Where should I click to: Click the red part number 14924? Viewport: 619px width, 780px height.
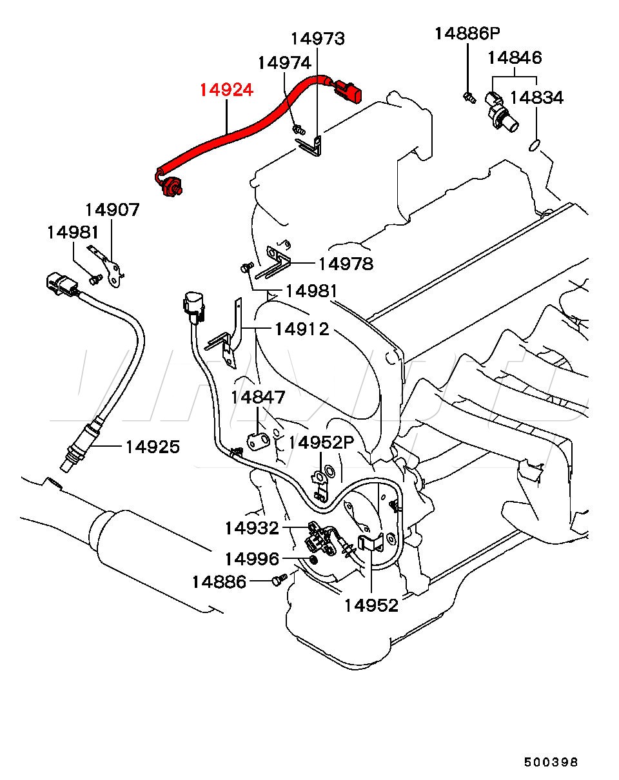[x=226, y=90]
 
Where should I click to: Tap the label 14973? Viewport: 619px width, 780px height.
[x=318, y=39]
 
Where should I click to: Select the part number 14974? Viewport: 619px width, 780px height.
[x=284, y=63]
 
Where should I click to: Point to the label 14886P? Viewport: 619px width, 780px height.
[x=467, y=34]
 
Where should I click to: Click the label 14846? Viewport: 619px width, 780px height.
[x=515, y=57]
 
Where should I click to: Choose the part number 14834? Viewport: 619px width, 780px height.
[x=536, y=97]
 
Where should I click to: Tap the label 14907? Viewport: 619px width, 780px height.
[x=112, y=210]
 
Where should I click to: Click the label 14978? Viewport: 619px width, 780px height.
[x=346, y=264]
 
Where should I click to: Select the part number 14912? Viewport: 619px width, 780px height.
[x=302, y=329]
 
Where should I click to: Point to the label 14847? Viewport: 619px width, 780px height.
[x=258, y=397]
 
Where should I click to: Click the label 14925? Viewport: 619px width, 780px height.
[x=153, y=447]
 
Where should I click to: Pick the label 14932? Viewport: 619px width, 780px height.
[x=252, y=528]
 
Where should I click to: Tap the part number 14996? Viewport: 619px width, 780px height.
[x=252, y=559]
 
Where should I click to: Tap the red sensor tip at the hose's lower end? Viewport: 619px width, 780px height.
[x=173, y=188]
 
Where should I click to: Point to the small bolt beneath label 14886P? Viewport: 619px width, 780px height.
[x=469, y=97]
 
